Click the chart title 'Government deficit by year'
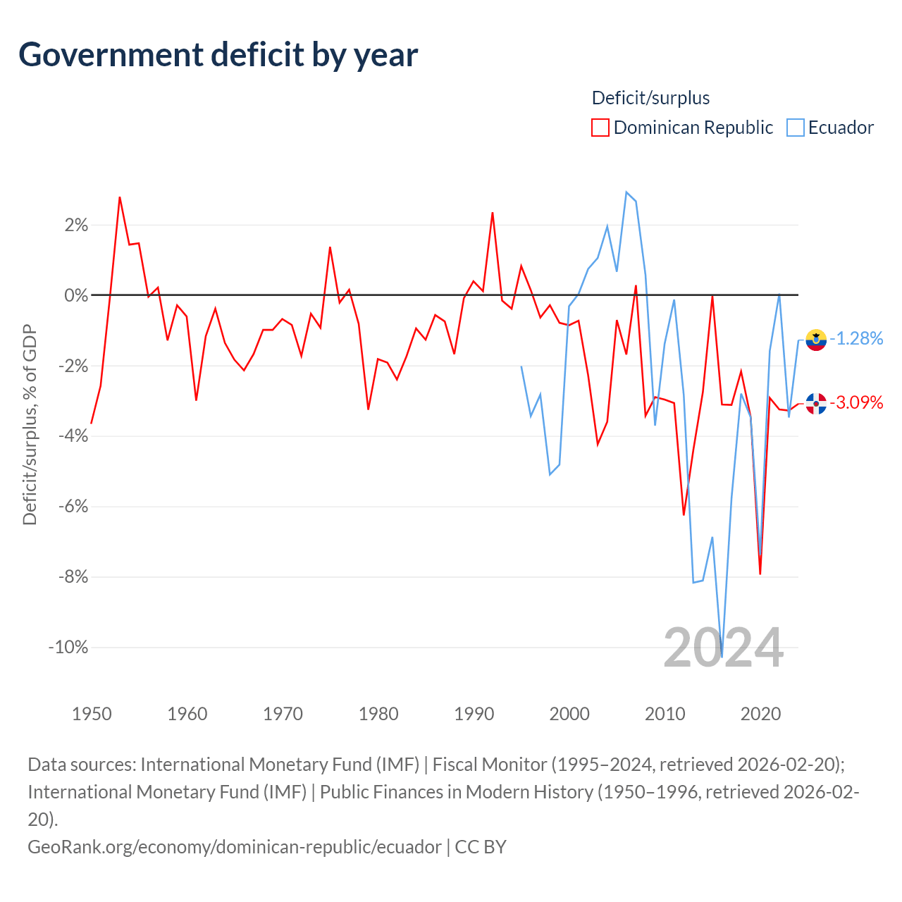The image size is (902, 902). click(x=218, y=55)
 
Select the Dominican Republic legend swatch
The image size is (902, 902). click(x=600, y=128)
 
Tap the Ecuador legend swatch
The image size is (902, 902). click(x=795, y=128)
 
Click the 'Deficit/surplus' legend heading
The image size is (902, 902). click(x=650, y=98)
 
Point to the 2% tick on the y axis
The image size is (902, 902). click(x=76, y=225)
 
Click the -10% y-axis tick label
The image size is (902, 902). click(x=68, y=647)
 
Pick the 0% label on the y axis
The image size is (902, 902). click(x=76, y=295)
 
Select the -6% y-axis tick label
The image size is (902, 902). click(x=72, y=507)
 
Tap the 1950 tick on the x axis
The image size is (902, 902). click(x=92, y=714)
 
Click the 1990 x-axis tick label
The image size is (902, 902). click(x=474, y=714)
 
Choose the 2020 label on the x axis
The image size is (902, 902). click(x=760, y=714)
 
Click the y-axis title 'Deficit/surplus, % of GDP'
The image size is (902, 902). click(x=30, y=424)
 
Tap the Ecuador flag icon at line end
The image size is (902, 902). click(x=816, y=340)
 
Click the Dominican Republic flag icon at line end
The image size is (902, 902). click(x=816, y=404)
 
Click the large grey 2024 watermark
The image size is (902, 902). click(x=723, y=648)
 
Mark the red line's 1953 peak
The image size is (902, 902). click(x=120, y=197)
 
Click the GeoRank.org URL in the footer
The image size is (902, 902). click(x=235, y=846)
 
